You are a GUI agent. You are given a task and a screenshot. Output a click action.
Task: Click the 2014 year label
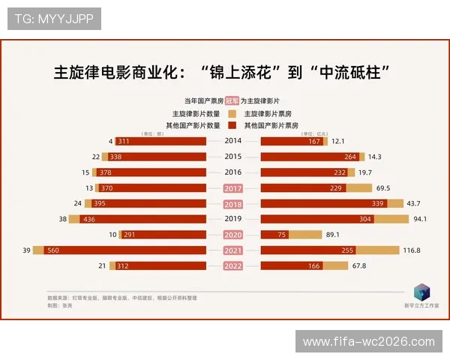233,141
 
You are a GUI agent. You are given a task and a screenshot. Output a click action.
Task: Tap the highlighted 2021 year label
233,250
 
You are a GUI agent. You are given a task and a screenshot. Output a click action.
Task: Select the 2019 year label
233,219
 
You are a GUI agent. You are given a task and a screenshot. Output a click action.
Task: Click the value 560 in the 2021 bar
52,250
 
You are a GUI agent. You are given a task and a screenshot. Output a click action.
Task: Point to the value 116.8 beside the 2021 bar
412,250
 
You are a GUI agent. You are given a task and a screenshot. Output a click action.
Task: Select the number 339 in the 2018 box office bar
377,203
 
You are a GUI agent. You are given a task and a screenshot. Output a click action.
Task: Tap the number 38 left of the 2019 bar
63,219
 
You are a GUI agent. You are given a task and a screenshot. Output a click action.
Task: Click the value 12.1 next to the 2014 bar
337,141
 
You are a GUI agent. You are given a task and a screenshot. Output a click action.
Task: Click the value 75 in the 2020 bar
283,235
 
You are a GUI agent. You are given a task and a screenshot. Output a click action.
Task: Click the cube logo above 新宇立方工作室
423,292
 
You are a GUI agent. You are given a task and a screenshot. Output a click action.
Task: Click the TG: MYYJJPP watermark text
54,19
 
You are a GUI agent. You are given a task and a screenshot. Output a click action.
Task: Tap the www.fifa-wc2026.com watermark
368,342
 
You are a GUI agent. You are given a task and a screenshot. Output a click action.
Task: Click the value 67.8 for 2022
358,265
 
